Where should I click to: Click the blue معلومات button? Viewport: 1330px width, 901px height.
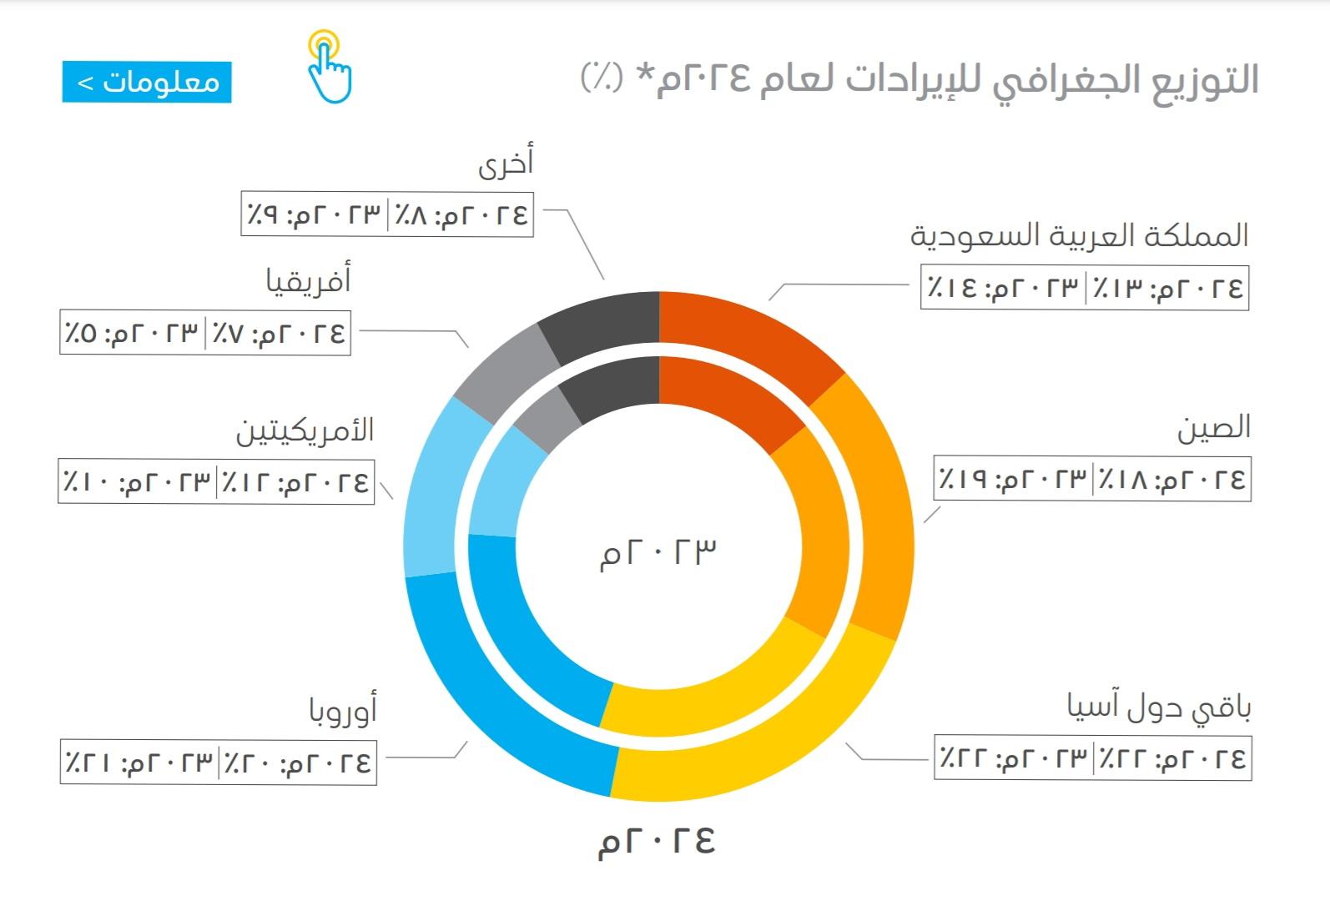147,82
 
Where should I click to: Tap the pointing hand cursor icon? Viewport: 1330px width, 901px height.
330,67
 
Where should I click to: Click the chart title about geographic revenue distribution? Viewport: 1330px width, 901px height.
919,79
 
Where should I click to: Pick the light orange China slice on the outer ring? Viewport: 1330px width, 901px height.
874,505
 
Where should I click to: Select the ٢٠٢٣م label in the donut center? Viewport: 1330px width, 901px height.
657,553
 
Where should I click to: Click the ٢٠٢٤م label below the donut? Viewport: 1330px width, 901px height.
657,841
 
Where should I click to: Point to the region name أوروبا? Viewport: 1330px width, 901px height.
343,708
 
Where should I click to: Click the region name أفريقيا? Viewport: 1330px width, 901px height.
309,279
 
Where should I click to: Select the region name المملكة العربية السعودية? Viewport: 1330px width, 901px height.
1080,236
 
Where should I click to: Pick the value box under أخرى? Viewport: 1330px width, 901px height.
387,214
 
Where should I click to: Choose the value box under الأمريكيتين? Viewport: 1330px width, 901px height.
216,481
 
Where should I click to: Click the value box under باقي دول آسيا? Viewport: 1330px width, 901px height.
1092,758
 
